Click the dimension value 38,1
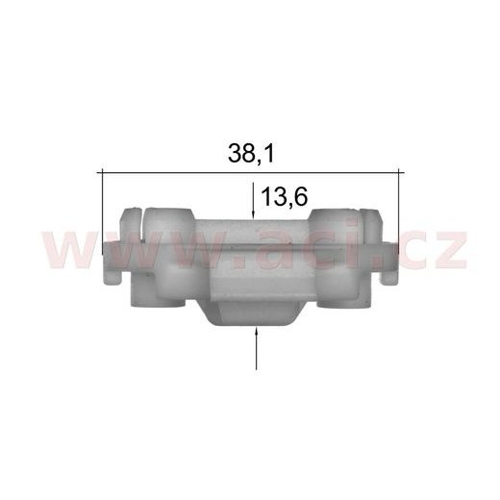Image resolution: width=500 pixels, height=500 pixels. point(251,153)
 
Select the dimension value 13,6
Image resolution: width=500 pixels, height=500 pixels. point(285,197)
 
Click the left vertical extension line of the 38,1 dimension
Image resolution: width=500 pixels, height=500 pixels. point(102,212)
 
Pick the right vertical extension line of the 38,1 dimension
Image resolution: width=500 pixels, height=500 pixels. point(398,212)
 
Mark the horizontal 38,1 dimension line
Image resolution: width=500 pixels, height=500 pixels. point(250,173)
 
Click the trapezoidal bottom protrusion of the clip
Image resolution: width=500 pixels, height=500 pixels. point(255,314)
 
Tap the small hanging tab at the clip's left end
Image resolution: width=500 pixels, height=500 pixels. point(112,278)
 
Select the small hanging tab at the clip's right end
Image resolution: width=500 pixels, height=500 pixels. point(388,278)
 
